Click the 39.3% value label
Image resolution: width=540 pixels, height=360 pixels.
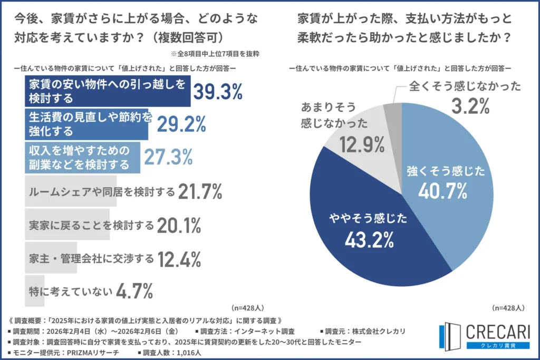[x=217, y=91]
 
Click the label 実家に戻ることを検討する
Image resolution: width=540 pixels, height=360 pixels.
[x=91, y=226]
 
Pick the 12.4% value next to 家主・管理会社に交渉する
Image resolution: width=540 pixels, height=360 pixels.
[x=179, y=259]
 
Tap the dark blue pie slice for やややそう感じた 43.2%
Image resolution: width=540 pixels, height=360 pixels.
[x=369, y=232]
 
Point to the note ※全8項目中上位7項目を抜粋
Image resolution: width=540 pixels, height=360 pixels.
[x=215, y=54]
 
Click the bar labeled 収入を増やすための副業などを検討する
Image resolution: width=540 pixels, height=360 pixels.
[x=83, y=157]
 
